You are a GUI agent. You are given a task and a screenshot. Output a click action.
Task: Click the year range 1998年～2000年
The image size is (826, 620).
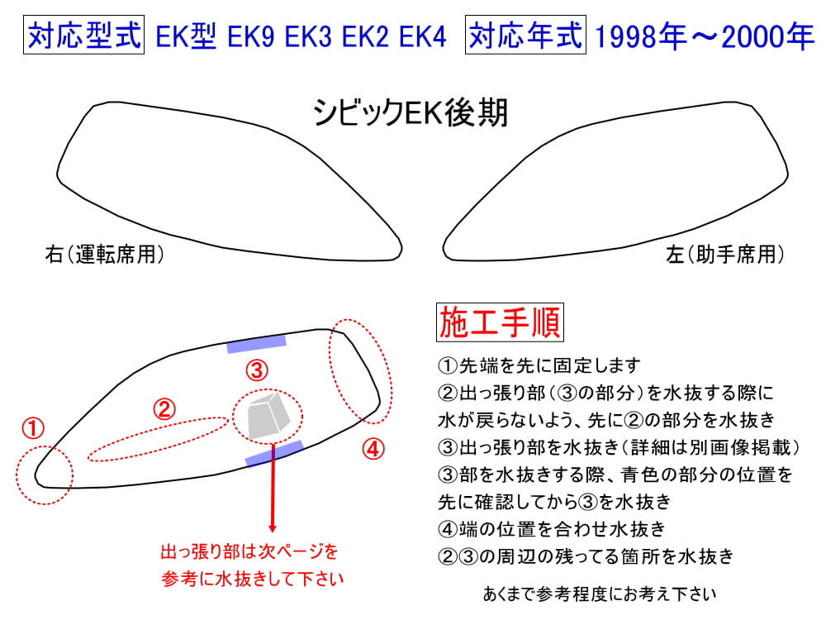pyautogui.click(x=705, y=37)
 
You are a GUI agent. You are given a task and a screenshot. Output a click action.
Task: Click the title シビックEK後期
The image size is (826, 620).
pyautogui.click(x=410, y=112)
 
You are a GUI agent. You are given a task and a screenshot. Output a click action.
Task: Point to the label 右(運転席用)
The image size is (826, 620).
pyautogui.click(x=104, y=254)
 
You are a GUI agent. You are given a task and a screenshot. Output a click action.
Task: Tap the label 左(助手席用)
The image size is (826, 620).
pyautogui.click(x=725, y=254)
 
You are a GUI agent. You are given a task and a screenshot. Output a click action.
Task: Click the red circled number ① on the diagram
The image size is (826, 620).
pyautogui.click(x=33, y=428)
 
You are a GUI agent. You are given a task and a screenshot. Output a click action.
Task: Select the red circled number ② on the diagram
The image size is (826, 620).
pyautogui.click(x=164, y=409)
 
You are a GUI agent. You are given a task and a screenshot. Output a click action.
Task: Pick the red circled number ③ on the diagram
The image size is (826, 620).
pyautogui.click(x=257, y=370)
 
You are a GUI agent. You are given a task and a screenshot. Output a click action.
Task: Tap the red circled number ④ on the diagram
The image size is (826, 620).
pyautogui.click(x=373, y=449)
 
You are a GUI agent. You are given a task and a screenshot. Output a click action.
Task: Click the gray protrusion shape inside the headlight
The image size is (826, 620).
pyautogui.click(x=268, y=416)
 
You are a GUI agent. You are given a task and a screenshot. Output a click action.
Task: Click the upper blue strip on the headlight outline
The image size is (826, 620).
pyautogui.click(x=257, y=344)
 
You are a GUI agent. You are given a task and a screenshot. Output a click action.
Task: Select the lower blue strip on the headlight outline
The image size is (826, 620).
pyautogui.click(x=274, y=454)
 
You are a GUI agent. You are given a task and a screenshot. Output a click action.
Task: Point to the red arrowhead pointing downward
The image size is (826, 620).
pyautogui.click(x=273, y=527)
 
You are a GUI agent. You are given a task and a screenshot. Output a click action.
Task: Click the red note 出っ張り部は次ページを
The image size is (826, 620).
pyautogui.click(x=249, y=551)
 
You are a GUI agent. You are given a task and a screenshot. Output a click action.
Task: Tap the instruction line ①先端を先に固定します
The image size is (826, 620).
pyautogui.click(x=539, y=365)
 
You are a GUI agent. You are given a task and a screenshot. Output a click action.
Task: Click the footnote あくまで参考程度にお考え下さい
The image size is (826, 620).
pyautogui.click(x=600, y=594)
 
